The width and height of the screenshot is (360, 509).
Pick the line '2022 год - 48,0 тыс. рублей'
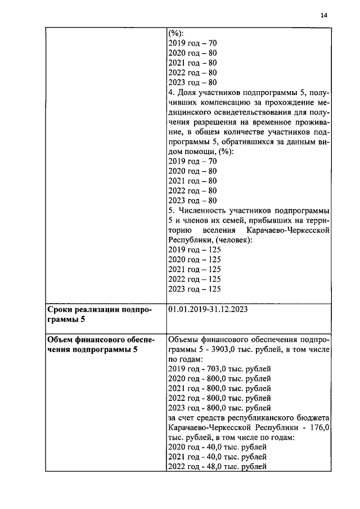pyautogui.click(x=217, y=466)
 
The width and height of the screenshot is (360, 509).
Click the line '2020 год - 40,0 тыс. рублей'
pyautogui.click(x=217, y=447)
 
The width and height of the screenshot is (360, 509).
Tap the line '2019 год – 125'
pyautogui.click(x=194, y=250)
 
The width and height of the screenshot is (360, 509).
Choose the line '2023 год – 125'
pyautogui.click(x=194, y=289)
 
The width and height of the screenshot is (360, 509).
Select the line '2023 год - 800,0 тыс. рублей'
pyautogui.click(x=219, y=408)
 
